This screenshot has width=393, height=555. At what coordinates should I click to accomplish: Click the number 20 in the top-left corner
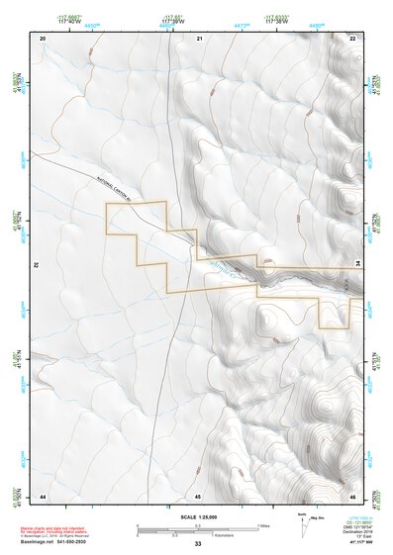click(44, 38)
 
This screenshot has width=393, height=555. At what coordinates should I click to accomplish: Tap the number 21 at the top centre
click(199, 38)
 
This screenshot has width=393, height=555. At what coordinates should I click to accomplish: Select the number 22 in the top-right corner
click(353, 38)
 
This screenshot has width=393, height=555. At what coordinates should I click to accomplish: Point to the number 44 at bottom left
click(44, 494)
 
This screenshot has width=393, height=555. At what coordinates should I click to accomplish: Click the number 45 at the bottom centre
click(198, 494)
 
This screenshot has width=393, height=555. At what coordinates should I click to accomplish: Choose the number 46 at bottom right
click(352, 494)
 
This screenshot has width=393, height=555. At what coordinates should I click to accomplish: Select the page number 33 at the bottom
click(198, 544)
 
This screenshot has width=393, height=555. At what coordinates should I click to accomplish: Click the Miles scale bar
click(198, 524)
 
